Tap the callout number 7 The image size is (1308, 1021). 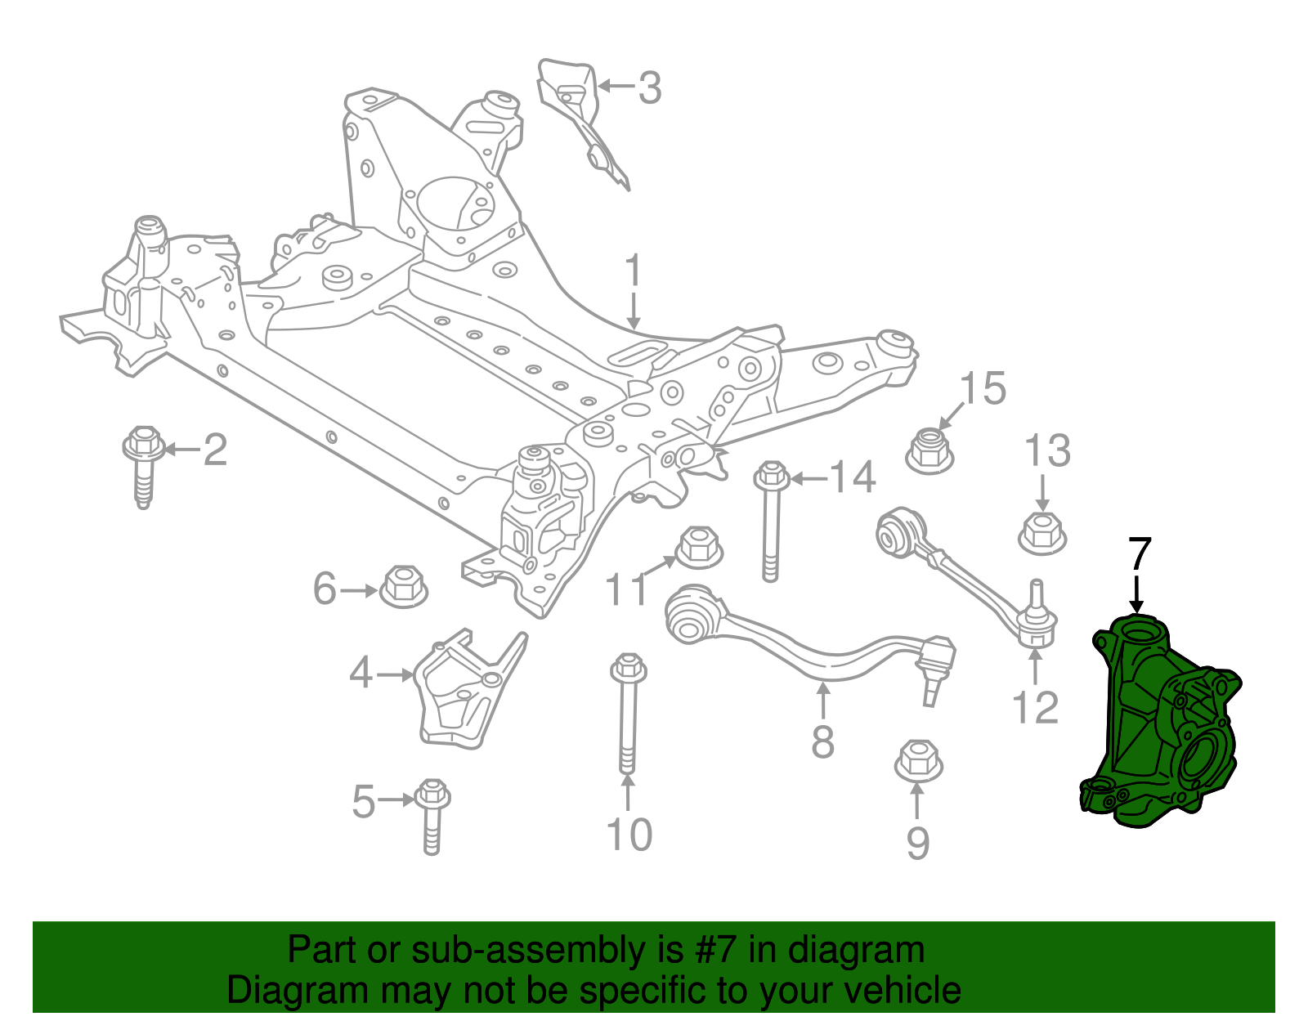pos(1139,555)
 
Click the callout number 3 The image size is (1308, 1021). pos(649,87)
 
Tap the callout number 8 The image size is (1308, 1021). pos(822,742)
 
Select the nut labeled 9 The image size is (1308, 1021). pos(919,761)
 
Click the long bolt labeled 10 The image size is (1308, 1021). pos(628,711)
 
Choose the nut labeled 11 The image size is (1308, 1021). pos(700,547)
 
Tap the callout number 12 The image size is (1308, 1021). pos(1035,708)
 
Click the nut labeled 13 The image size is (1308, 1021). pos(1042,533)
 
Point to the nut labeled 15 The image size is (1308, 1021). pos(930,449)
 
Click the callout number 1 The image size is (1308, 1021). pos(634,271)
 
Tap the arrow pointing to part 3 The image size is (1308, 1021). pos(616,85)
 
